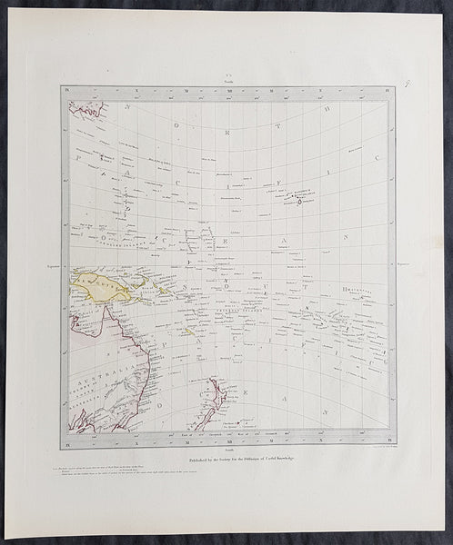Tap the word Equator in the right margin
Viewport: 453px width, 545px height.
[404, 266]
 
